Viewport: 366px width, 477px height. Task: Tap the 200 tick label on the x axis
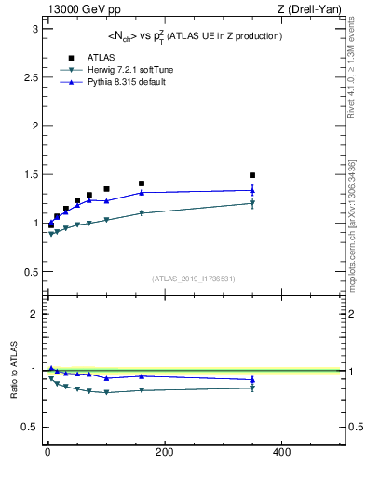pos(164,452)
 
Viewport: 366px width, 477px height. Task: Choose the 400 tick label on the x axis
pos(280,452)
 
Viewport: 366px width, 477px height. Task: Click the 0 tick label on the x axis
pos(47,452)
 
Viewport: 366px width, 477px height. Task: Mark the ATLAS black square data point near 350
pos(251,175)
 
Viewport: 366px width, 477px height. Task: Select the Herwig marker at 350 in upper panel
pos(251,203)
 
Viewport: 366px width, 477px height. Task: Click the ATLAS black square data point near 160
pos(142,184)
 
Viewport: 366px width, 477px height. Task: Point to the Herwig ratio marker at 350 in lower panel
pos(251,388)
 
